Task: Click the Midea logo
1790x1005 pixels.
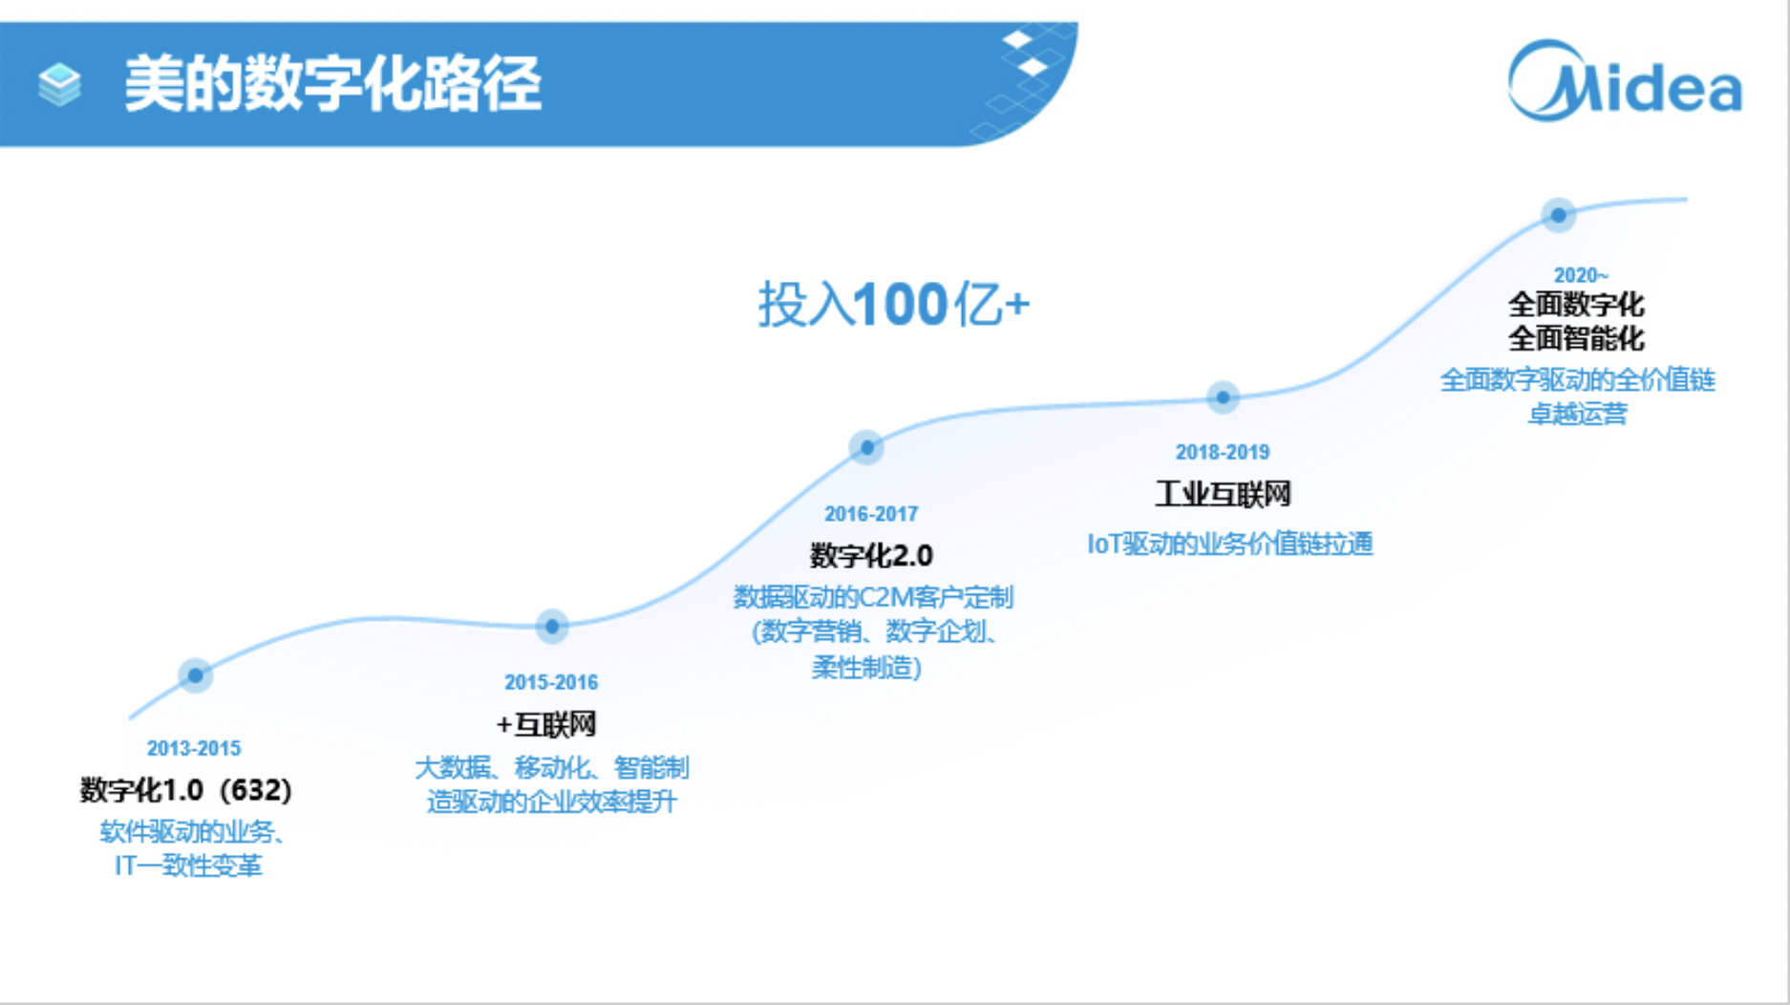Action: click(x=1624, y=83)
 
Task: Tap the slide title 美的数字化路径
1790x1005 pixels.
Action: click(x=332, y=84)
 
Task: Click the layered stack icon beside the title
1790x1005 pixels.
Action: click(x=59, y=84)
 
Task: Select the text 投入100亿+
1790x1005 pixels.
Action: click(x=893, y=305)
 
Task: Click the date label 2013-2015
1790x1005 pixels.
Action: click(x=194, y=748)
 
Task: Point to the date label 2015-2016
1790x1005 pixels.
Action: click(x=551, y=682)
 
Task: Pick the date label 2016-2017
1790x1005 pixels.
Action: click(x=871, y=514)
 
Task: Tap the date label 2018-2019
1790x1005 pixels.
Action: click(x=1222, y=452)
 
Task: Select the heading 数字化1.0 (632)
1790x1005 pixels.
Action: click(x=186, y=790)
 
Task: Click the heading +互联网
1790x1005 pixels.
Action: click(x=546, y=724)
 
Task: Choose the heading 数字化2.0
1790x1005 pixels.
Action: click(x=871, y=555)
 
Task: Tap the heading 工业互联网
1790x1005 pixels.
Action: click(x=1223, y=494)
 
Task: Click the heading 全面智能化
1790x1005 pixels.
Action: click(x=1576, y=338)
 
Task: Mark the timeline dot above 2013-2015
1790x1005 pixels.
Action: click(x=195, y=675)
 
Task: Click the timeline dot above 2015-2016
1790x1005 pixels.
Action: click(x=552, y=627)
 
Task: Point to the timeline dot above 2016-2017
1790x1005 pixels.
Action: click(x=866, y=446)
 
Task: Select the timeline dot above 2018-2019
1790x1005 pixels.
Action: click(x=1223, y=396)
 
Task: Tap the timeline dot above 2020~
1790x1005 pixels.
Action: click(x=1558, y=215)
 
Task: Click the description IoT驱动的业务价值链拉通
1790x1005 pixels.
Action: click(x=1230, y=544)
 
